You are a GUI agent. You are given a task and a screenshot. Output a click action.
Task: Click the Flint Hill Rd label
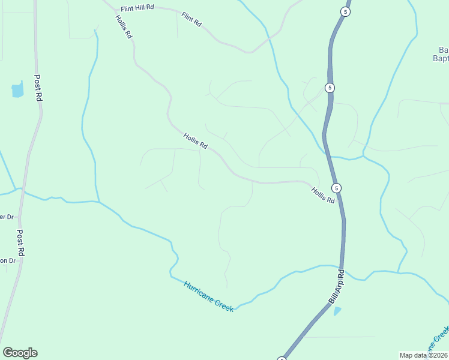click(137, 8)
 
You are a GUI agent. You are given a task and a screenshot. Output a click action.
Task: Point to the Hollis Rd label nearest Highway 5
click(322, 195)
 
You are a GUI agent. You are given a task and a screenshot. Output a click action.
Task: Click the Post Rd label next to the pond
click(39, 88)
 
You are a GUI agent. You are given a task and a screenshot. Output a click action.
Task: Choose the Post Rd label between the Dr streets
click(20, 243)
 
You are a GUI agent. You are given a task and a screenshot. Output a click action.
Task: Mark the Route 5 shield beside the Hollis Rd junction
click(337, 188)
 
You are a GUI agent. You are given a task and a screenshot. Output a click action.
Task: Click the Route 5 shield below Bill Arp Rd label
click(281, 359)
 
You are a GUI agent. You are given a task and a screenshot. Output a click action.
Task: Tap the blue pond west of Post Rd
click(17, 91)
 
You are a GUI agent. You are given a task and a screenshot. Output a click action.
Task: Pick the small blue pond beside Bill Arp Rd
click(337, 311)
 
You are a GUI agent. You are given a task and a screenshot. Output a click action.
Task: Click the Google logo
click(20, 353)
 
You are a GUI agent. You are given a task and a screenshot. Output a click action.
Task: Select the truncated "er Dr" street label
click(7, 217)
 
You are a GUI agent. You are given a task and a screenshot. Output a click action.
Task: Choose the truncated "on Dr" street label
click(7, 260)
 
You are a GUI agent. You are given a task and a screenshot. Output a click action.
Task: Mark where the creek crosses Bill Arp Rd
click(342, 268)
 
